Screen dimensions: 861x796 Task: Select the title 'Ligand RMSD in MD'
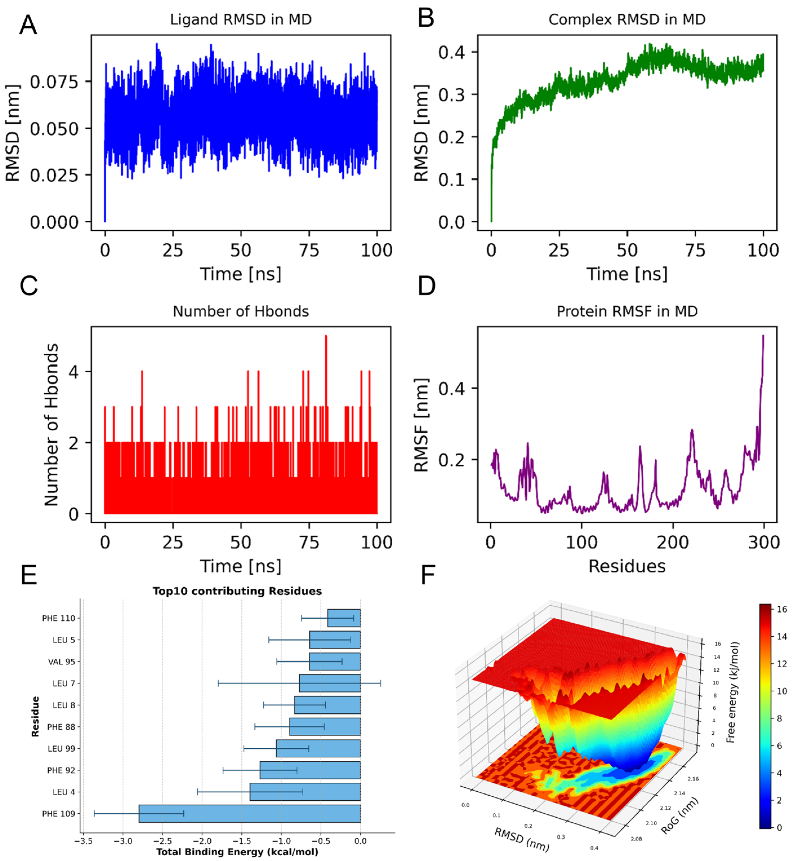(x=241, y=20)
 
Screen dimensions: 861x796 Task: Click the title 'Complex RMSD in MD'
(x=627, y=20)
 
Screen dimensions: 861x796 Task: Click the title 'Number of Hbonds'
(x=241, y=311)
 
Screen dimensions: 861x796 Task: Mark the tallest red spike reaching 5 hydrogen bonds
(x=326, y=340)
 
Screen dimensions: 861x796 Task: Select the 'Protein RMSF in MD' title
(x=627, y=311)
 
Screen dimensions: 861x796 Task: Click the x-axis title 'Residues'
(x=627, y=566)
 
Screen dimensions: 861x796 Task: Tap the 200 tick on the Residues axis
(x=673, y=542)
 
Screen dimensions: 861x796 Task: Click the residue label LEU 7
(x=64, y=683)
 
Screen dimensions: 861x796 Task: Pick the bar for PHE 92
(x=310, y=770)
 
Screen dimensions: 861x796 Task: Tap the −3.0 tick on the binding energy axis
(x=123, y=841)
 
